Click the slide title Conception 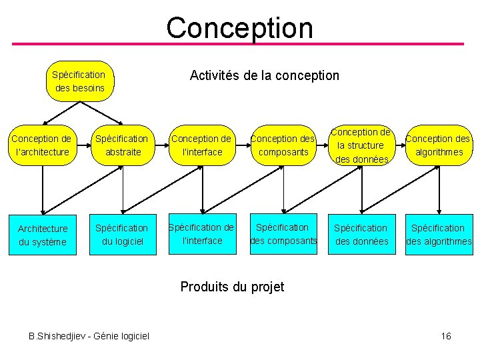click(239, 28)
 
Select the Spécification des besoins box click(79, 81)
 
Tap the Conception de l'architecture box click(41, 145)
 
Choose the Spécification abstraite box click(121, 145)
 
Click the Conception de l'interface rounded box click(201, 145)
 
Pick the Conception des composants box click(282, 145)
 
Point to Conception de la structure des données click(361, 145)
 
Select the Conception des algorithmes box click(438, 145)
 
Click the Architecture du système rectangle click(42, 235)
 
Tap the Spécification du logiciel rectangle click(121, 235)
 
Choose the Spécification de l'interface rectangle click(201, 234)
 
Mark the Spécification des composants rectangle click(283, 234)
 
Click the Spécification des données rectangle click(361, 235)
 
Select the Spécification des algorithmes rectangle click(439, 235)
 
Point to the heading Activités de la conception click(264, 75)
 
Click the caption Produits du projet click(232, 287)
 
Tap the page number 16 click(446, 336)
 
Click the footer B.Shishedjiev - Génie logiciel click(89, 336)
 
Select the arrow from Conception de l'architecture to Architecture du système click(42, 190)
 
